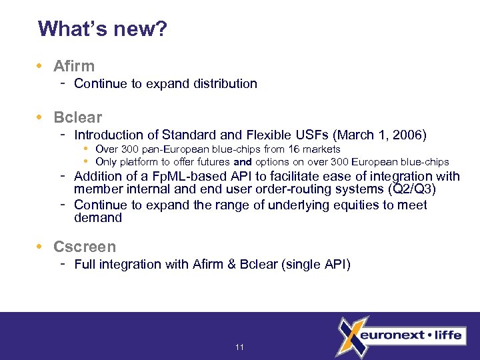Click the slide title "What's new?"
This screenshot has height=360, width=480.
pyautogui.click(x=103, y=29)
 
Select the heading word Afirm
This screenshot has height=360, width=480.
pyautogui.click(x=74, y=66)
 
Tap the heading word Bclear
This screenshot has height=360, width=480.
pyautogui.click(x=77, y=117)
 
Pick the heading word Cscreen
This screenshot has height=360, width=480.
pyautogui.click(x=85, y=247)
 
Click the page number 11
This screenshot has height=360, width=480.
pyautogui.click(x=240, y=347)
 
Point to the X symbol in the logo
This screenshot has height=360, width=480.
pyautogui.click(x=351, y=336)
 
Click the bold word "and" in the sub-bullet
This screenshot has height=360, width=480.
pyautogui.click(x=242, y=162)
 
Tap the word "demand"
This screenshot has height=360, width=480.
pyautogui.click(x=98, y=218)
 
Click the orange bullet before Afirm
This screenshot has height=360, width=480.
pyautogui.click(x=41, y=66)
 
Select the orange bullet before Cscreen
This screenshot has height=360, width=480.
pyautogui.click(x=41, y=247)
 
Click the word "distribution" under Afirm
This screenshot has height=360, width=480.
pyautogui.click(x=225, y=84)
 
